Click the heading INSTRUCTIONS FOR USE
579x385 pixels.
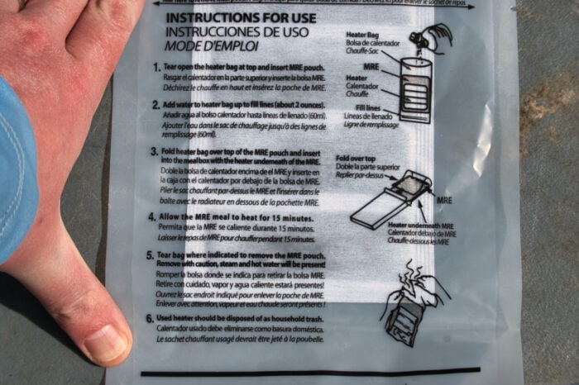pos(240,17)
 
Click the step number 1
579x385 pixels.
pos(156,67)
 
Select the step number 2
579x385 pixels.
pos(156,105)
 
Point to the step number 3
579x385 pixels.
pos(154,152)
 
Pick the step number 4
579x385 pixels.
pos(152,216)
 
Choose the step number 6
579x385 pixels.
pos(149,318)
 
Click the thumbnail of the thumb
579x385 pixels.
pos(105,341)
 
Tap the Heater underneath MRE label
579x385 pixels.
pos(420,226)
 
